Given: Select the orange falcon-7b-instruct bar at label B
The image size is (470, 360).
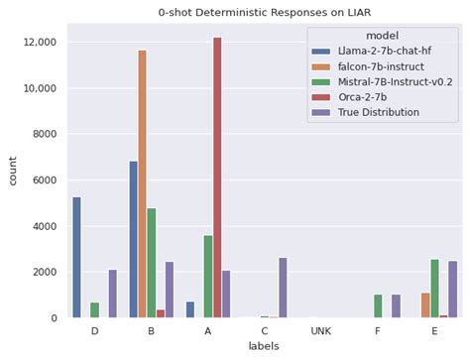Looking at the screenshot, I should coord(142,184).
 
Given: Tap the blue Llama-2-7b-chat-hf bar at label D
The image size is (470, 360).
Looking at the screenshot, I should coord(77,257).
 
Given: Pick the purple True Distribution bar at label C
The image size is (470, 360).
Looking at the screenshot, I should coord(284,288).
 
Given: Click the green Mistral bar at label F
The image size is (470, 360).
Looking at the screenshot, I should coord(378,305).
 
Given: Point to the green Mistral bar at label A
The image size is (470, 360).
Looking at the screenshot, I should coord(207,277).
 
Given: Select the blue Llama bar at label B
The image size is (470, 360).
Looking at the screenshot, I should coord(133,239).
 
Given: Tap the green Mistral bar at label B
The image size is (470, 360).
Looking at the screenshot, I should coord(152,263).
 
